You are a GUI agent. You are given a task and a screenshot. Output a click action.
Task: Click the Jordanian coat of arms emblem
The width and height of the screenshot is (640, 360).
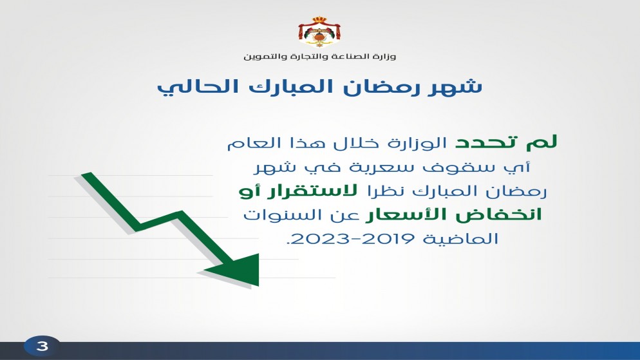coord(319,33)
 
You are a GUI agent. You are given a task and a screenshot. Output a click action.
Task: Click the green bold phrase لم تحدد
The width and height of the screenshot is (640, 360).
coord(506,142)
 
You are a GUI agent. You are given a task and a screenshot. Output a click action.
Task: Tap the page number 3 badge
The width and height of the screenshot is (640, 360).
coord(42,346)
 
